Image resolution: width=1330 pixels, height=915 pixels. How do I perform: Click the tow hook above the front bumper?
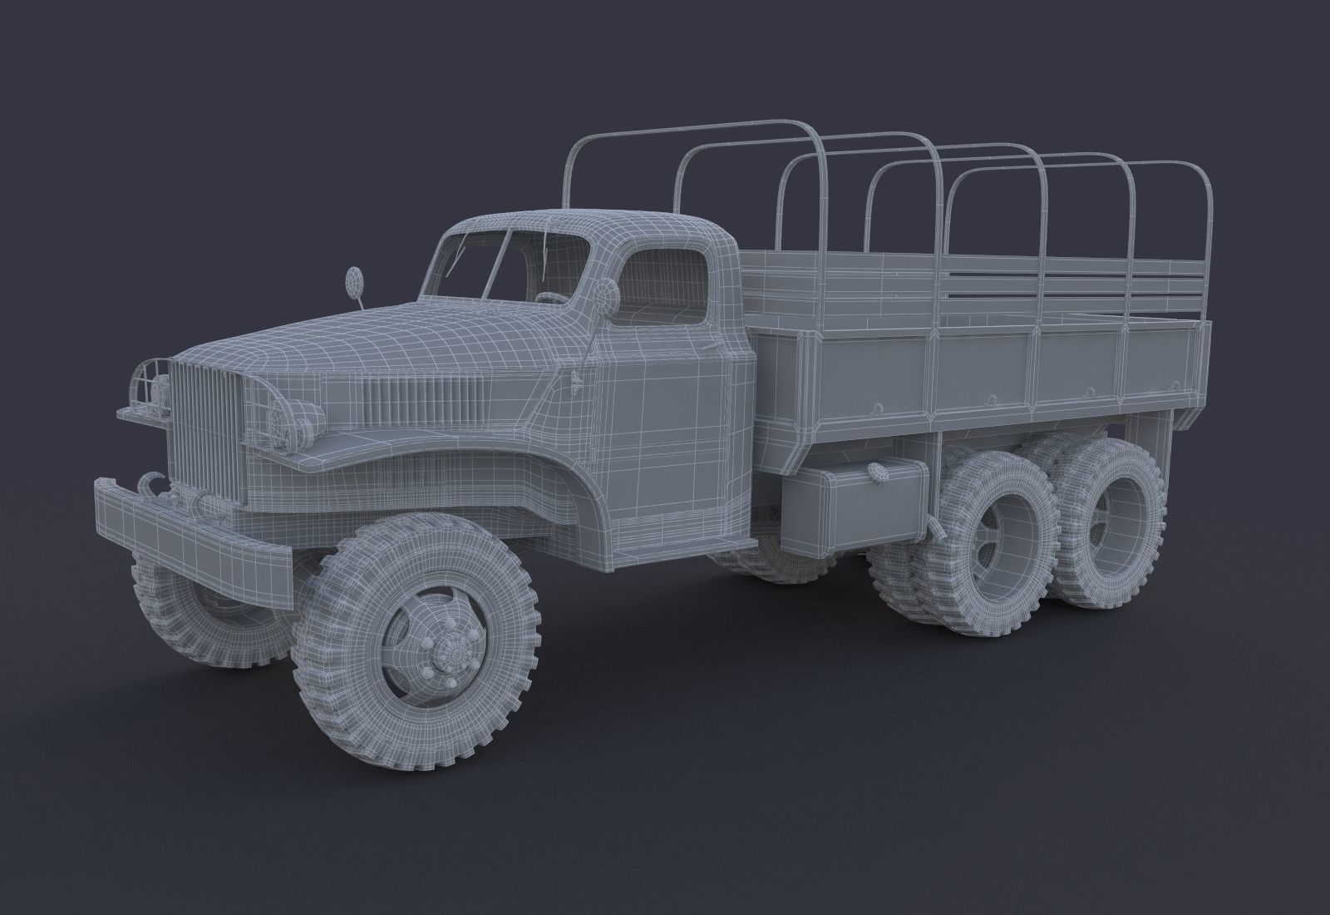pyautogui.click(x=151, y=482)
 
